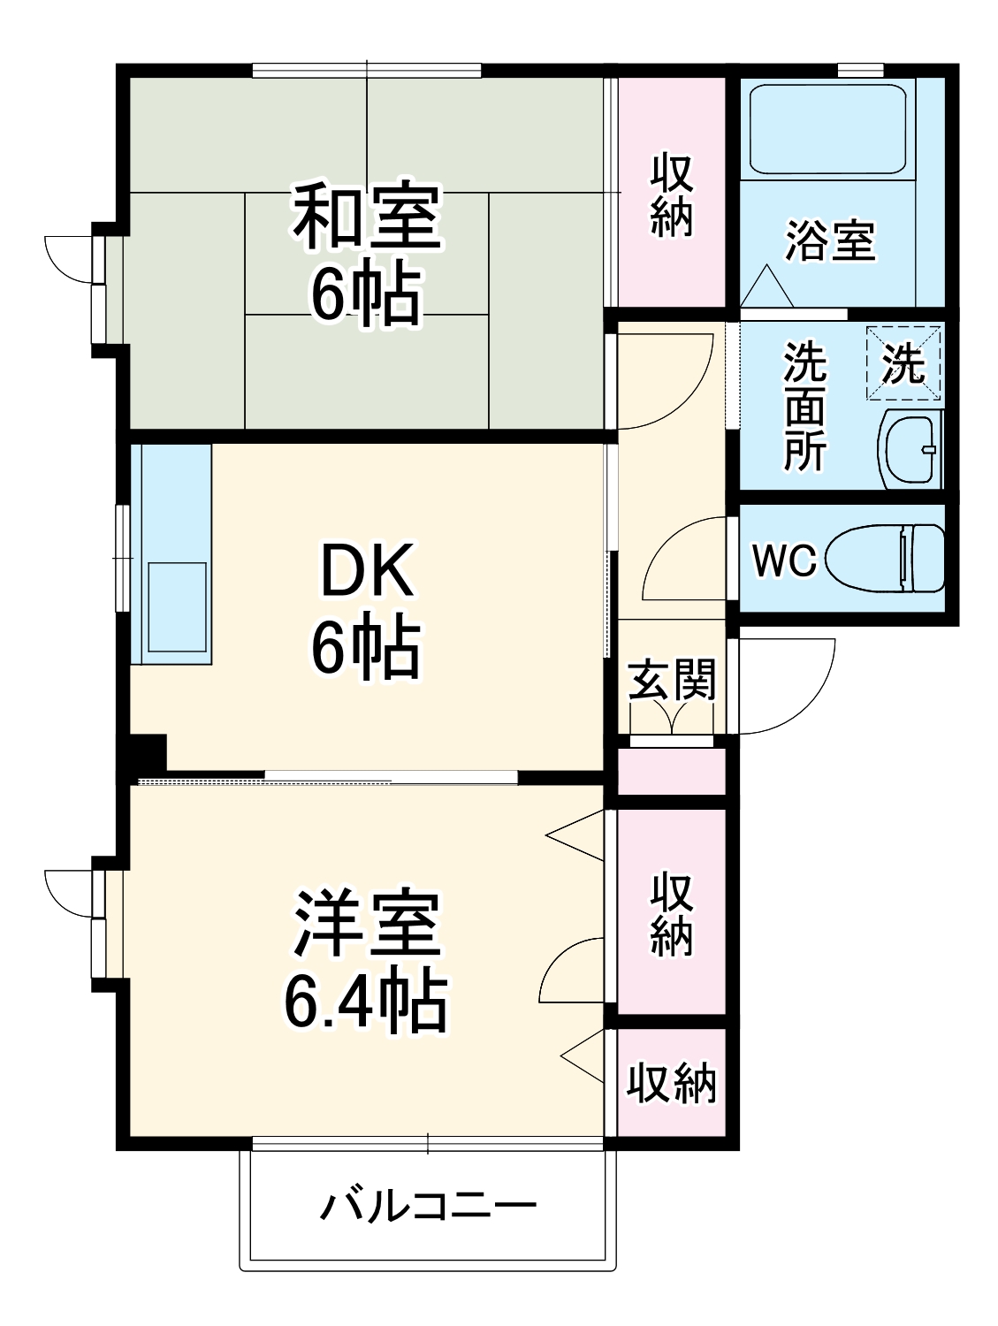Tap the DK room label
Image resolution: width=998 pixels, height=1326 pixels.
[366, 571]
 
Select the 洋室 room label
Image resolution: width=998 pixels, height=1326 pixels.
[366, 925]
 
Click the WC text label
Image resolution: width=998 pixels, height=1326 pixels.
[783, 560]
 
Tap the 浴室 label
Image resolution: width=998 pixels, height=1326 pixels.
[830, 240]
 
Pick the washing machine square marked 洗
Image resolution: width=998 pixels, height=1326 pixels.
[903, 362]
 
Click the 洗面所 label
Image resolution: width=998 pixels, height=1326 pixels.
[804, 406]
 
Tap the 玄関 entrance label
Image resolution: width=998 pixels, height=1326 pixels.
[671, 680]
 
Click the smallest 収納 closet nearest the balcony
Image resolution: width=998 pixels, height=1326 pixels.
[671, 1082]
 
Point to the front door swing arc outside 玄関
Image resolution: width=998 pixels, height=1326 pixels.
[791, 690]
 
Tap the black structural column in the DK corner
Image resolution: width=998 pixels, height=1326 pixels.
[149, 753]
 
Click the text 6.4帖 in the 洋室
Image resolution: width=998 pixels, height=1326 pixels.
[366, 1004]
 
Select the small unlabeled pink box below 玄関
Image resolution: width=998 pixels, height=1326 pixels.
[671, 772]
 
